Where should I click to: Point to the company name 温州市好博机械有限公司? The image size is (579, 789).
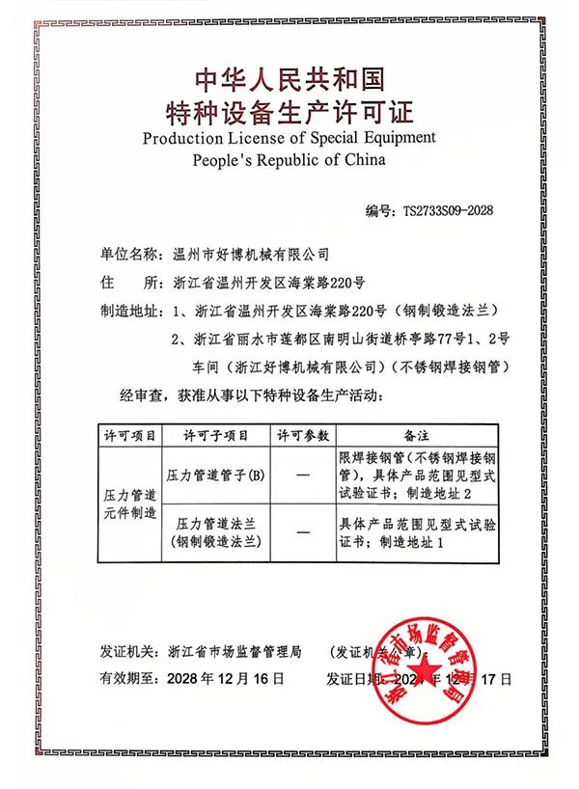coord(249,255)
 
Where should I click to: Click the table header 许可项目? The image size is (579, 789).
coord(129,435)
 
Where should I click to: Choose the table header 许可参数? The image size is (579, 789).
coord(303,435)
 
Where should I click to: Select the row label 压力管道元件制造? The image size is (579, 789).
coord(129,503)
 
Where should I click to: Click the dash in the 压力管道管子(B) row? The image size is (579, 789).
coord(303,476)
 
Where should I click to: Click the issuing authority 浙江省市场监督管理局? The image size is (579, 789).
coord(234,651)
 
